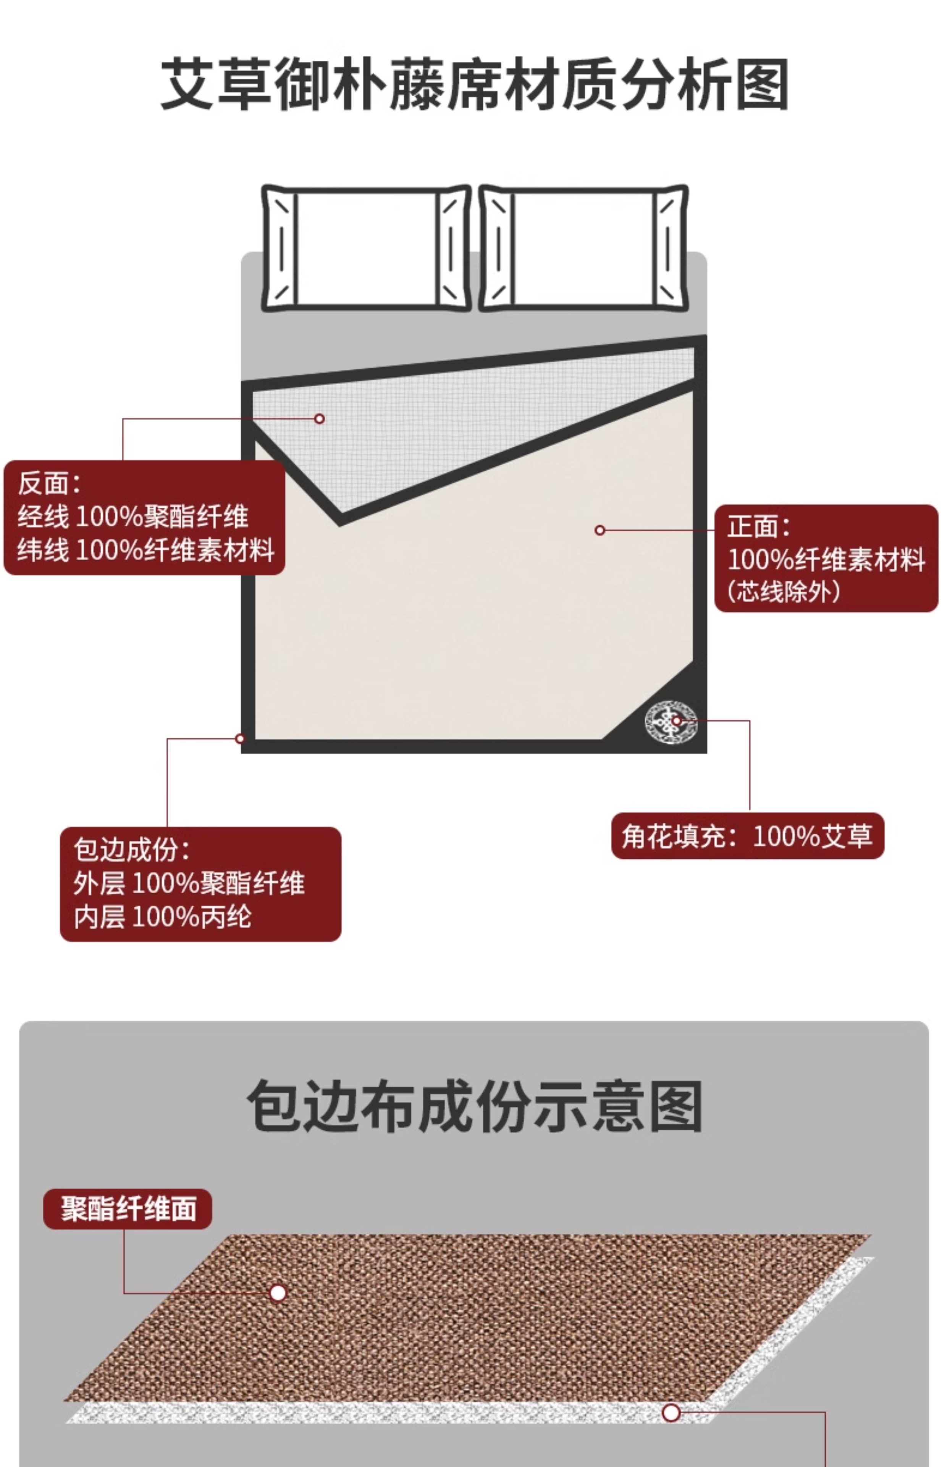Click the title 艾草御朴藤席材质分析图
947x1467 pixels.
474,84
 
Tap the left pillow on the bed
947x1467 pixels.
367,248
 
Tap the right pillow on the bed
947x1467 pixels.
583,248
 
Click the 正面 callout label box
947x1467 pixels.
826,558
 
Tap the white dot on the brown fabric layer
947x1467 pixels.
278,1292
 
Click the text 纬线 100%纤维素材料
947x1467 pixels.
146,549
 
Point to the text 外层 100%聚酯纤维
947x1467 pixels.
189,883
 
